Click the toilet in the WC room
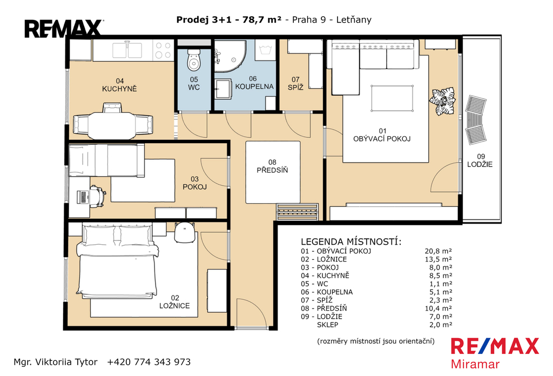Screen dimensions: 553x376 tap(194, 60)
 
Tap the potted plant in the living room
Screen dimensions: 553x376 tap(442, 101)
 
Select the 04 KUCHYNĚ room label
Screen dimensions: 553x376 tap(119, 85)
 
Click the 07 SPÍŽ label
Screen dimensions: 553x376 tap(295, 84)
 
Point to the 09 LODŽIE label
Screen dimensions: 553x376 tap(480, 160)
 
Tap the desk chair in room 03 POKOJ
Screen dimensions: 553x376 tap(97, 196)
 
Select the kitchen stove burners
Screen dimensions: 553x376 tap(163, 50)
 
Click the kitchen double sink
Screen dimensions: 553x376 tap(127, 50)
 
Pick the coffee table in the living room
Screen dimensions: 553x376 tap(392, 98)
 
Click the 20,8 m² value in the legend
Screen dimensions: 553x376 tap(438, 251)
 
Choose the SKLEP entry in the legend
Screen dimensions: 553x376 tap(328, 325)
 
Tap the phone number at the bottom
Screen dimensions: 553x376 tap(149, 362)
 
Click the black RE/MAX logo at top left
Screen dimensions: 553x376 tap(63, 29)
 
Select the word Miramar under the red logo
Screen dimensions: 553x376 tap(475, 364)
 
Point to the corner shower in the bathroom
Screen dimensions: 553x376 tap(230, 56)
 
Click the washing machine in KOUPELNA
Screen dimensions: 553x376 tap(265, 50)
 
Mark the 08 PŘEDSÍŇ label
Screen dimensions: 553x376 tap(272, 166)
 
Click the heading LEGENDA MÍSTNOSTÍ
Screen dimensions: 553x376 tap(351, 241)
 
